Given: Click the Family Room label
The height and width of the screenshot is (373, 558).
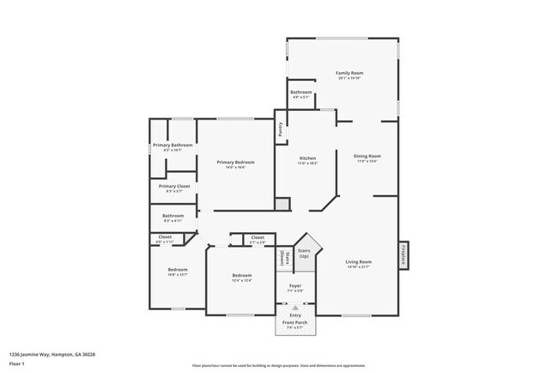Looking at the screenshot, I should pyautogui.click(x=343, y=73).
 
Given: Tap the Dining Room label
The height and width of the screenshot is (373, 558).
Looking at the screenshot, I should pyautogui.click(x=367, y=156).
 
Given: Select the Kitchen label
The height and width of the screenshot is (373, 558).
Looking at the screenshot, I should pyautogui.click(x=308, y=158).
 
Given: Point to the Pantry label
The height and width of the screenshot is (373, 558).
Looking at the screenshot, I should pyautogui.click(x=280, y=130).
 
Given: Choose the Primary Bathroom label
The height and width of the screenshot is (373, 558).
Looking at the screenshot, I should pyautogui.click(x=173, y=145).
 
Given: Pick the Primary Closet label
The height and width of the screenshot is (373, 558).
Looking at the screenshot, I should pyautogui.click(x=173, y=186).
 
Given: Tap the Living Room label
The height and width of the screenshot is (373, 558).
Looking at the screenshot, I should pyautogui.click(x=358, y=261).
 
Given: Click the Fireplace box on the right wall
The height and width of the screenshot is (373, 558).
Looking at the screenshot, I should pyautogui.click(x=403, y=255).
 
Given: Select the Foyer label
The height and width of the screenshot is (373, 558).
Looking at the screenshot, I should pyautogui.click(x=294, y=286).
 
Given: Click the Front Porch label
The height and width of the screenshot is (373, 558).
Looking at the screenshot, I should pyautogui.click(x=294, y=322).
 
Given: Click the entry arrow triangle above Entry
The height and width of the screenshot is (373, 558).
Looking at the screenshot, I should pyautogui.click(x=294, y=307).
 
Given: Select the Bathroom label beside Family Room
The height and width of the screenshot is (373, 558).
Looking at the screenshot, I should pyautogui.click(x=300, y=92).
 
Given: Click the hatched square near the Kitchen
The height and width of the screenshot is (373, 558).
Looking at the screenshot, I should pyautogui.click(x=282, y=205).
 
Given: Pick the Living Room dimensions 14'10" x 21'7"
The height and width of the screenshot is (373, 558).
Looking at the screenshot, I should pyautogui.click(x=358, y=266).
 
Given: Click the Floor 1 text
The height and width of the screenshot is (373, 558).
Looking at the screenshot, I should pyautogui.click(x=18, y=364).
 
